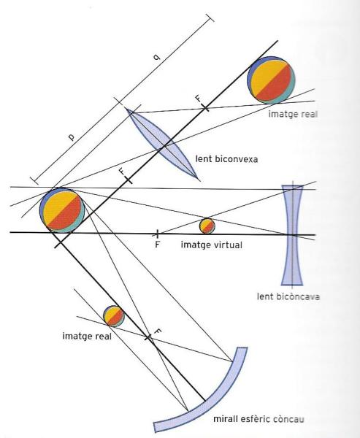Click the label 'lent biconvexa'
point(226,159)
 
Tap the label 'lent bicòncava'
point(288,296)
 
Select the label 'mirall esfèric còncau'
point(258,419)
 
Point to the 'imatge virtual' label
point(212,245)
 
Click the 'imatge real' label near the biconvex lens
point(293,114)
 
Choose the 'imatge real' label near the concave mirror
point(87,336)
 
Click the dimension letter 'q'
point(157,57)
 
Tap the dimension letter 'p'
point(72,137)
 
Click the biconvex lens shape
point(163,144)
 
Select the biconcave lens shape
point(292,235)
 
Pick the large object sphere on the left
point(62,210)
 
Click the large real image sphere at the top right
point(271,80)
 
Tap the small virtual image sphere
point(207,226)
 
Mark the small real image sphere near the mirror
point(114,316)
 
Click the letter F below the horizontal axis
point(157,245)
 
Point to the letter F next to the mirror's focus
point(158,331)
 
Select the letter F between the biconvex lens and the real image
point(198,99)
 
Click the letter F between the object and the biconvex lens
point(122,172)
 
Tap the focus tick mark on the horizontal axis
point(157,234)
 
